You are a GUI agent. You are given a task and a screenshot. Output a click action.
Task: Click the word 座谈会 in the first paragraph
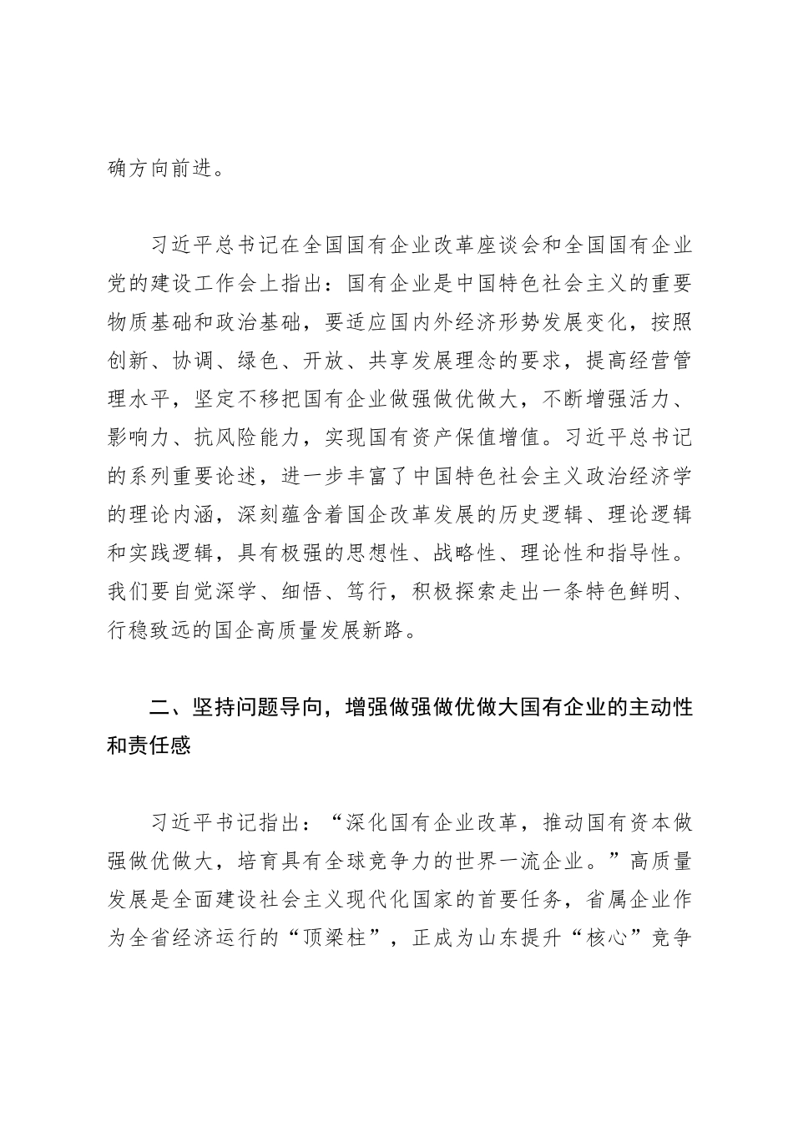508,247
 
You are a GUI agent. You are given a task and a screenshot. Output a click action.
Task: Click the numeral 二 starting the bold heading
159,708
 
